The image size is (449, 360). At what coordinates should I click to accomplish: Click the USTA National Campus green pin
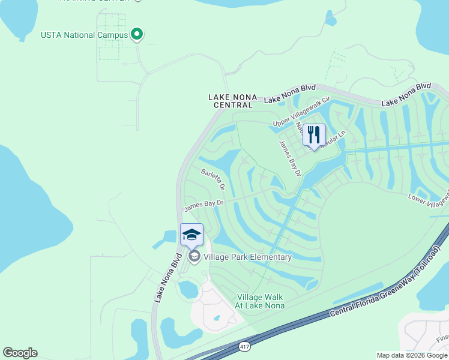[x=137, y=35]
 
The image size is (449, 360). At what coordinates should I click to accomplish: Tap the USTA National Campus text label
[x=84, y=35]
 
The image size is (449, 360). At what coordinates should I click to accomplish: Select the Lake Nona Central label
[x=231, y=101]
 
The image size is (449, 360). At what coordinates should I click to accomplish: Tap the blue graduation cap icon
[x=192, y=235]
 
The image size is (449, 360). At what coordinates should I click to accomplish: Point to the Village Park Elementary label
[x=247, y=257]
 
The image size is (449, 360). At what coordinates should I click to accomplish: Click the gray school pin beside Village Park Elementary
[x=194, y=257]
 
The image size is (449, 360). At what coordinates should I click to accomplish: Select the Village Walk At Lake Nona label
[x=259, y=301]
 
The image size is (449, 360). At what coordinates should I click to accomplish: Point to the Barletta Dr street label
[x=213, y=179]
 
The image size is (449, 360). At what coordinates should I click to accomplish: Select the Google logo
[x=20, y=353]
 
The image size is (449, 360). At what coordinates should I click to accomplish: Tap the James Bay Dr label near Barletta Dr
[x=204, y=205]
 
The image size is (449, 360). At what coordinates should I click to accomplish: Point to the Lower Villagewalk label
[x=429, y=197]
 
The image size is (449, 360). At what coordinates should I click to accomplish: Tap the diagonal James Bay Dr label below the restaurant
[x=289, y=158]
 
